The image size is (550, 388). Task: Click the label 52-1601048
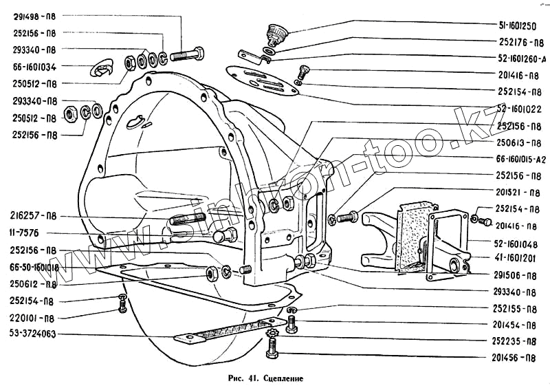point(519,243)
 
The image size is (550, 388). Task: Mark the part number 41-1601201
point(519,259)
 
